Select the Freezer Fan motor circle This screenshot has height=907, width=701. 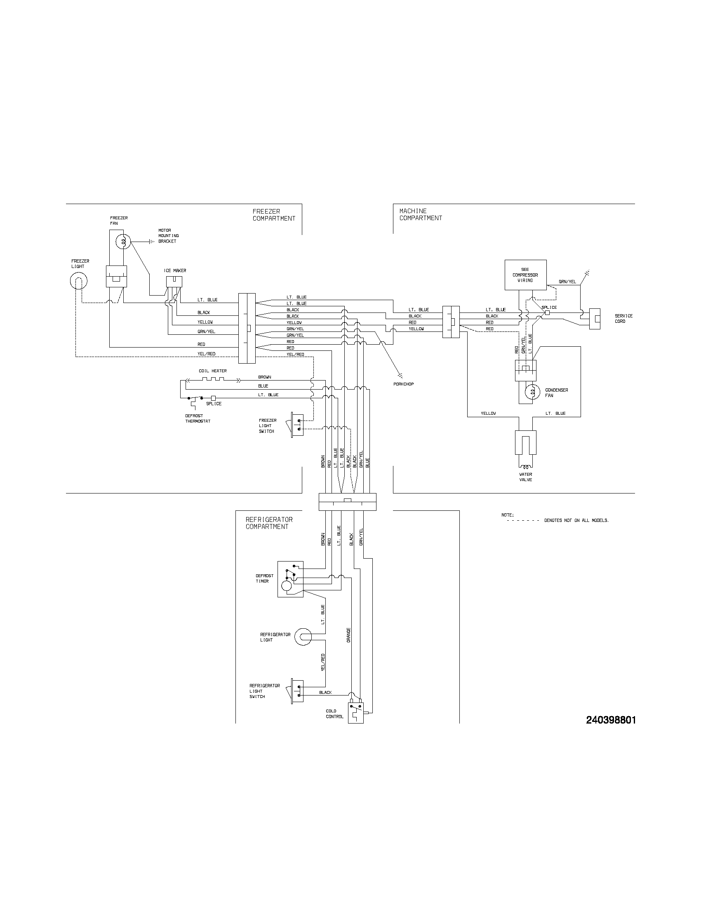pyautogui.click(x=123, y=241)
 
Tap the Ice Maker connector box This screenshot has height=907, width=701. pyautogui.click(x=174, y=281)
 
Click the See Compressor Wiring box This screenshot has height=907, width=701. pyautogui.click(x=525, y=275)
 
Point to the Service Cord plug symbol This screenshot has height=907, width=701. pyautogui.click(x=595, y=319)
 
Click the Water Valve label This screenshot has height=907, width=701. pyautogui.click(x=525, y=477)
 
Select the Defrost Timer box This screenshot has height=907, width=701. pyautogui.click(x=290, y=579)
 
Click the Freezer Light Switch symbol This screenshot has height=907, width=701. pyautogui.click(x=297, y=425)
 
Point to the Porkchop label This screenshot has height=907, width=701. pyautogui.click(x=403, y=384)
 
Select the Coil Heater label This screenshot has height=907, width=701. pyautogui.click(x=213, y=371)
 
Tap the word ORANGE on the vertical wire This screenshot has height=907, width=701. pyautogui.click(x=349, y=635)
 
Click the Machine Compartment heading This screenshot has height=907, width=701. pyautogui.click(x=421, y=214)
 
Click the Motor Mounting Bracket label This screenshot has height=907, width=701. pyautogui.click(x=168, y=236)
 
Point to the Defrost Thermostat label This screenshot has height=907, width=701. pyautogui.click(x=198, y=418)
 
